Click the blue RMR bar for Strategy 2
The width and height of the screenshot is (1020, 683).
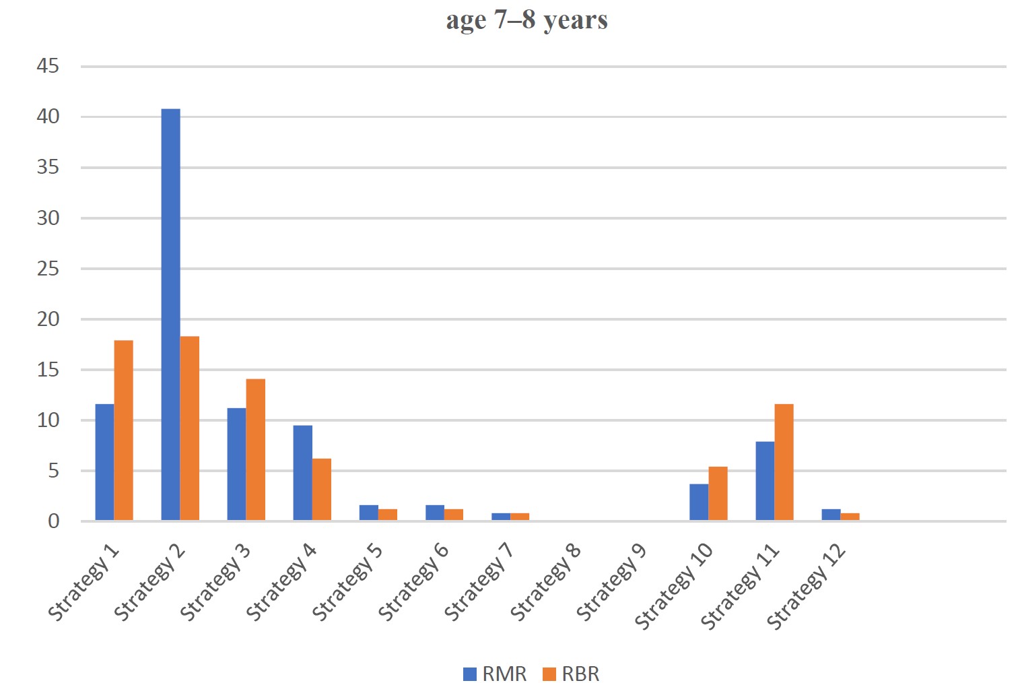171,315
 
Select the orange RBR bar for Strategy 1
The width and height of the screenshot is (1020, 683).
123,430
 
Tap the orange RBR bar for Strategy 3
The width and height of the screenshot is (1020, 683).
255,449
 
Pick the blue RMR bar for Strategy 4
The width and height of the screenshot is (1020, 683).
303,472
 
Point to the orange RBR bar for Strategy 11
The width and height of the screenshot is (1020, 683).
784,462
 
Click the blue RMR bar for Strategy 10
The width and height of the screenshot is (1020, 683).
699,502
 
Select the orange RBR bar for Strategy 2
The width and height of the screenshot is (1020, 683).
189,428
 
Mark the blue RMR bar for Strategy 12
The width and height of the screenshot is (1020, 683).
831,515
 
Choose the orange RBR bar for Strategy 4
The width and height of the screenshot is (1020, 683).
321,490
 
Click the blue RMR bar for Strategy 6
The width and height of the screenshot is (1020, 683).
435,513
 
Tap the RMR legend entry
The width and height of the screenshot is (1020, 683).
495,674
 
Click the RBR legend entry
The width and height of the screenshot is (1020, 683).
571,674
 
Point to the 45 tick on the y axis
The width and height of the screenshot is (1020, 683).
48,66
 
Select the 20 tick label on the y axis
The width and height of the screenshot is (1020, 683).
48,319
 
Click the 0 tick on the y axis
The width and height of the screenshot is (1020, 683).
54,521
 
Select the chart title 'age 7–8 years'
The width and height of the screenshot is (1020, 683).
527,20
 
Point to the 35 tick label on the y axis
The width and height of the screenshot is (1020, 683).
48,167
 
